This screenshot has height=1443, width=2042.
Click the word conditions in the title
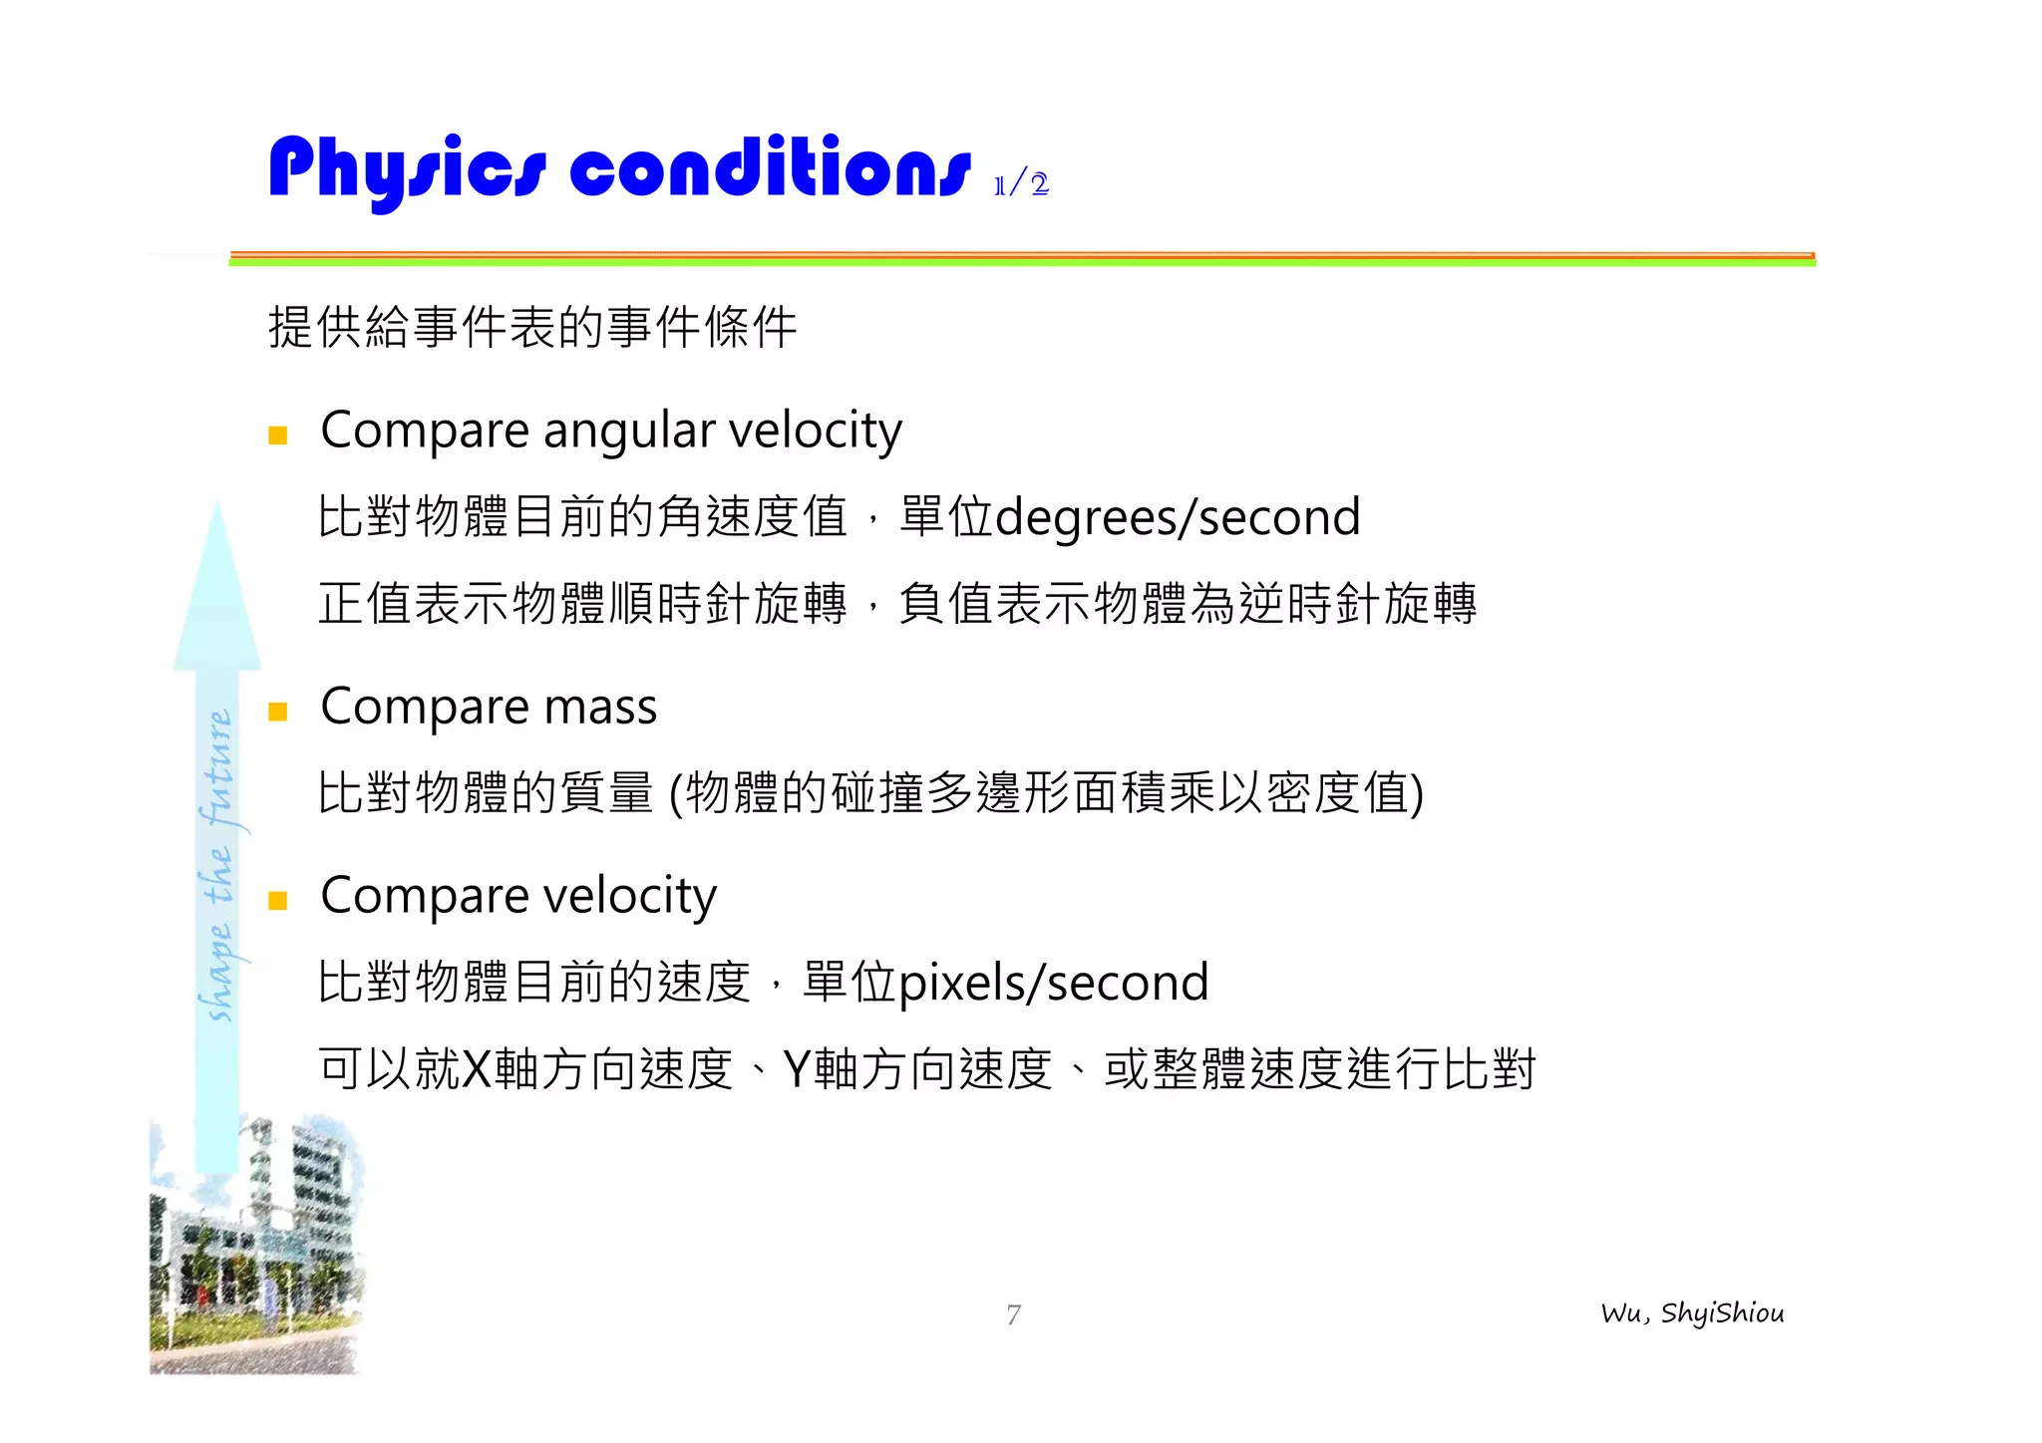click(x=770, y=169)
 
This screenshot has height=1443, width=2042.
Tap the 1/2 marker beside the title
click(x=1021, y=184)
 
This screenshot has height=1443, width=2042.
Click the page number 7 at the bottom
click(x=1013, y=1315)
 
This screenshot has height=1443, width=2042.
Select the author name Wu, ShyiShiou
click(x=1692, y=1313)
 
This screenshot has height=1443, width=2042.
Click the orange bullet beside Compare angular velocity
click(x=278, y=434)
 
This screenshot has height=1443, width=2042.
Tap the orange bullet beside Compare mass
click(x=278, y=712)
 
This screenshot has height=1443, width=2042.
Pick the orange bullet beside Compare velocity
click(x=278, y=901)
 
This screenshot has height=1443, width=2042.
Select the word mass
click(x=600, y=708)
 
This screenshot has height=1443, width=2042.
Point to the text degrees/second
click(x=1178, y=517)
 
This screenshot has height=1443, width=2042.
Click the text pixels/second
click(x=1054, y=984)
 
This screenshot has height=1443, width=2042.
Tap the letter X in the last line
click(x=478, y=1069)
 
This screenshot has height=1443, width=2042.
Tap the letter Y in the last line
click(x=797, y=1069)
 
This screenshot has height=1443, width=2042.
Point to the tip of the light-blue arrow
click(x=217, y=508)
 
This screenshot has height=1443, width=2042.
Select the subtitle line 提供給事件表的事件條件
click(x=532, y=327)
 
